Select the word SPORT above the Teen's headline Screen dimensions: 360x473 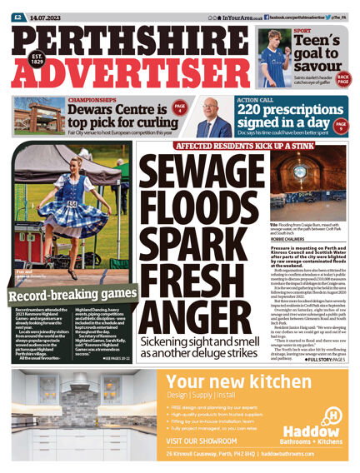click(302, 31)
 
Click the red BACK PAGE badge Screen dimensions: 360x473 click(342, 78)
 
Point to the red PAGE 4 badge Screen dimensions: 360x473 click(179, 109)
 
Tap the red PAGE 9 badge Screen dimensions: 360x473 click(340, 126)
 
